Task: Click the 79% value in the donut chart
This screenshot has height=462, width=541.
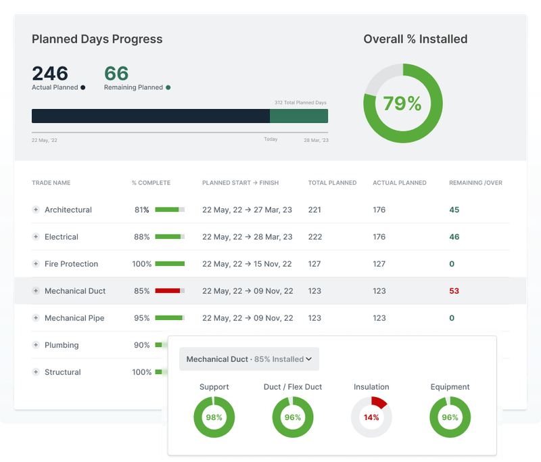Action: click(402, 103)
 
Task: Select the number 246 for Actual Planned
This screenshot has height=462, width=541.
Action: click(50, 73)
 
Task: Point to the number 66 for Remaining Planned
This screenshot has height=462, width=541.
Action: click(116, 73)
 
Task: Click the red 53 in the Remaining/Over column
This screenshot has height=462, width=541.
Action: click(454, 291)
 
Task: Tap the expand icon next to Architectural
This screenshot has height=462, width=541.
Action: click(36, 210)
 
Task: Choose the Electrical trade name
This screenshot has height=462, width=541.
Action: click(62, 237)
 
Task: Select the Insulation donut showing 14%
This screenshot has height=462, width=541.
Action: click(371, 417)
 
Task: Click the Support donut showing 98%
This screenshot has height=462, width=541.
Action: click(214, 417)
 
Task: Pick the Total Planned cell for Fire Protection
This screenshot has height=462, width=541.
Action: click(314, 264)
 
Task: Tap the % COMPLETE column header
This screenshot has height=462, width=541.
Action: click(151, 183)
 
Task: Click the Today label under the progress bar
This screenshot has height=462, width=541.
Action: click(270, 140)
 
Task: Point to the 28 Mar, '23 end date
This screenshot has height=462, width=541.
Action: click(315, 140)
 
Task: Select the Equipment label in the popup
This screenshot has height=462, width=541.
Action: click(450, 387)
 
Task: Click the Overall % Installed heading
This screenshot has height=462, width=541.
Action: click(415, 39)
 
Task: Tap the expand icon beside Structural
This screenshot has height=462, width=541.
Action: click(36, 372)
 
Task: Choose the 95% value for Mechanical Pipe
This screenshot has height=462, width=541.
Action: click(141, 318)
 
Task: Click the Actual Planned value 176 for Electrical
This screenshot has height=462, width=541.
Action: click(379, 237)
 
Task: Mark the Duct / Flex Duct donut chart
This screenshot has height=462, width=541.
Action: click(292, 417)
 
